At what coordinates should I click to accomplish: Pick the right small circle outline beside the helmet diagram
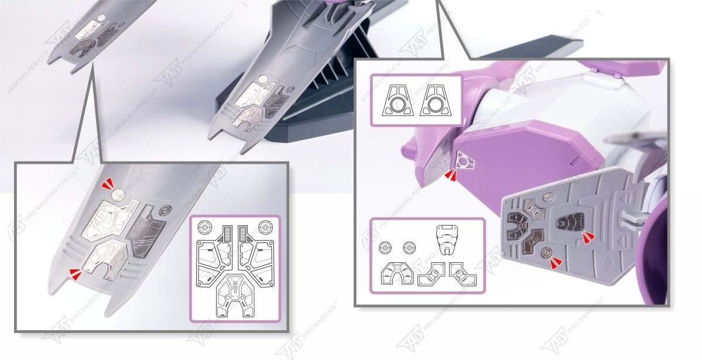point(408,249)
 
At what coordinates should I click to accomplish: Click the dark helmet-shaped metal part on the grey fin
point(568,221)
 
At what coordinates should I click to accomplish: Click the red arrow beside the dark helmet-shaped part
point(588,236)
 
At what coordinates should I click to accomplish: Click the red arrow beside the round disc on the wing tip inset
point(108,186)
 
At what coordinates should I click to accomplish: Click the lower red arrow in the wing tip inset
point(74,270)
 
